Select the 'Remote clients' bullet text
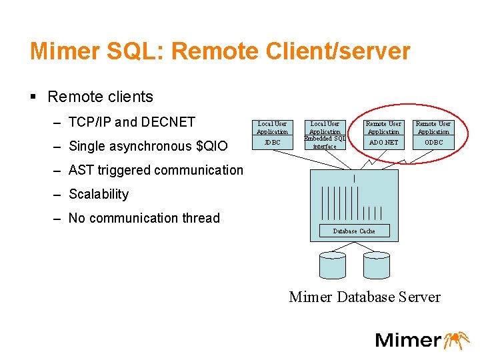100,97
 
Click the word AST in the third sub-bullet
82,170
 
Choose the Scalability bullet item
99,194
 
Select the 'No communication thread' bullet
144,218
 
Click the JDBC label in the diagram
272,142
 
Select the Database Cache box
354,231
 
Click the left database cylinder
332,265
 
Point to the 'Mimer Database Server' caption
365,297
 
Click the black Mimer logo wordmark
407,340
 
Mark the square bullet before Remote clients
33,97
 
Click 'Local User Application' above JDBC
272,127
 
